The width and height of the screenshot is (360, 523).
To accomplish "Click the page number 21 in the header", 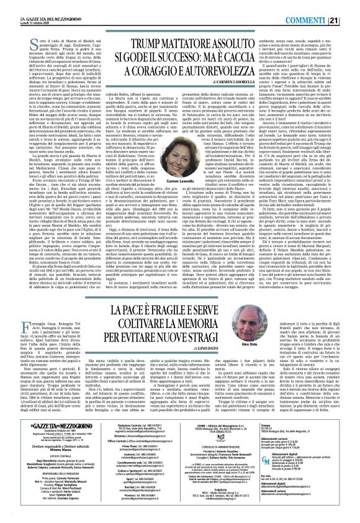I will [351, 5].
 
